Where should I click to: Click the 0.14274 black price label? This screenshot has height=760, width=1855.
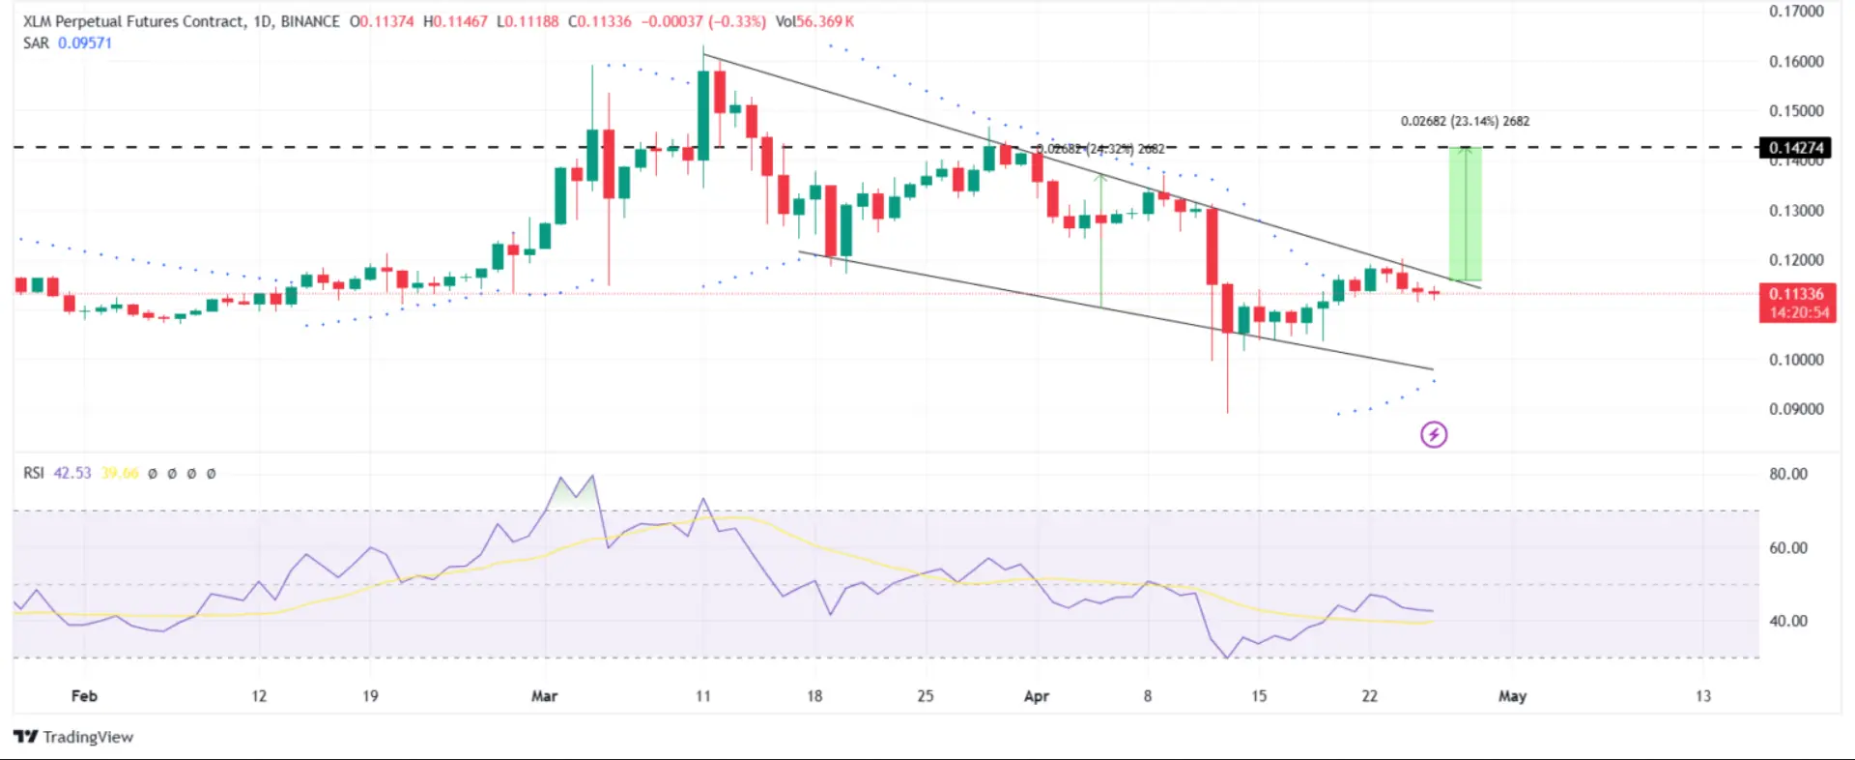(1795, 148)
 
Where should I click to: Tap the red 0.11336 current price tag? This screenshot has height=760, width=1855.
(1796, 294)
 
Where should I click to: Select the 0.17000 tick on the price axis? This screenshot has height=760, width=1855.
(1796, 12)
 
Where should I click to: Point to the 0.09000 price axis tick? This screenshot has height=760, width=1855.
(1796, 409)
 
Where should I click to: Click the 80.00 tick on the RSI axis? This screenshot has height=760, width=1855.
(1788, 474)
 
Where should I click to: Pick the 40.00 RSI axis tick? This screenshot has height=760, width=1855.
(1788, 621)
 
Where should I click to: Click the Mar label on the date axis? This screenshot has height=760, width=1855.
(544, 696)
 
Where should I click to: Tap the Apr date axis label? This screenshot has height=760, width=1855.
(1036, 696)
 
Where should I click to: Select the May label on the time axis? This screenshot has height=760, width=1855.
(1512, 696)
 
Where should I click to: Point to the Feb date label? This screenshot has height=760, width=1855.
(84, 696)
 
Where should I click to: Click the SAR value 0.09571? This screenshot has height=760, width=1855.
(85, 44)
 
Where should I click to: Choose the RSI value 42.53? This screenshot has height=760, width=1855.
(71, 474)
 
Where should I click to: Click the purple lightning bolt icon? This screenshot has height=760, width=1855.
(1434, 435)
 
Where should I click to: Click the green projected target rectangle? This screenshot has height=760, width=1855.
(1465, 215)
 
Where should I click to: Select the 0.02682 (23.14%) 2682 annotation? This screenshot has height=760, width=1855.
(1465, 122)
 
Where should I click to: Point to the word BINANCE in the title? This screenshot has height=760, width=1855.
(310, 21)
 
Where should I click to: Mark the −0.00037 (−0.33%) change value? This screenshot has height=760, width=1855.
(703, 21)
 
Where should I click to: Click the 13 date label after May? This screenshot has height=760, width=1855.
(1702, 696)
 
